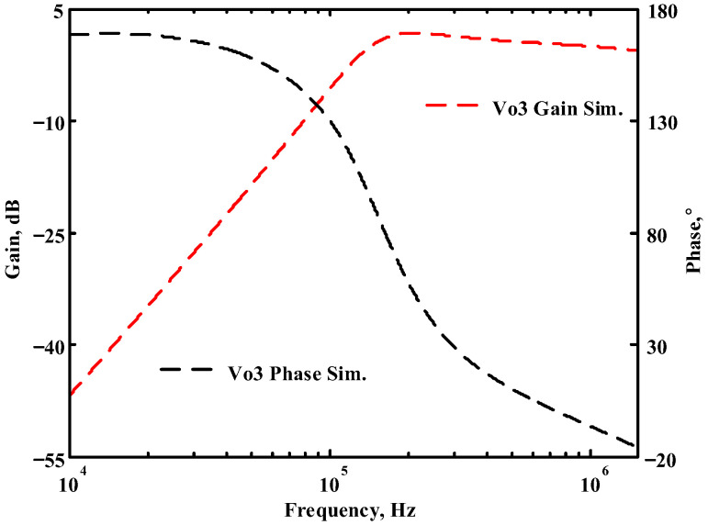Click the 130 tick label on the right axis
point(662,123)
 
